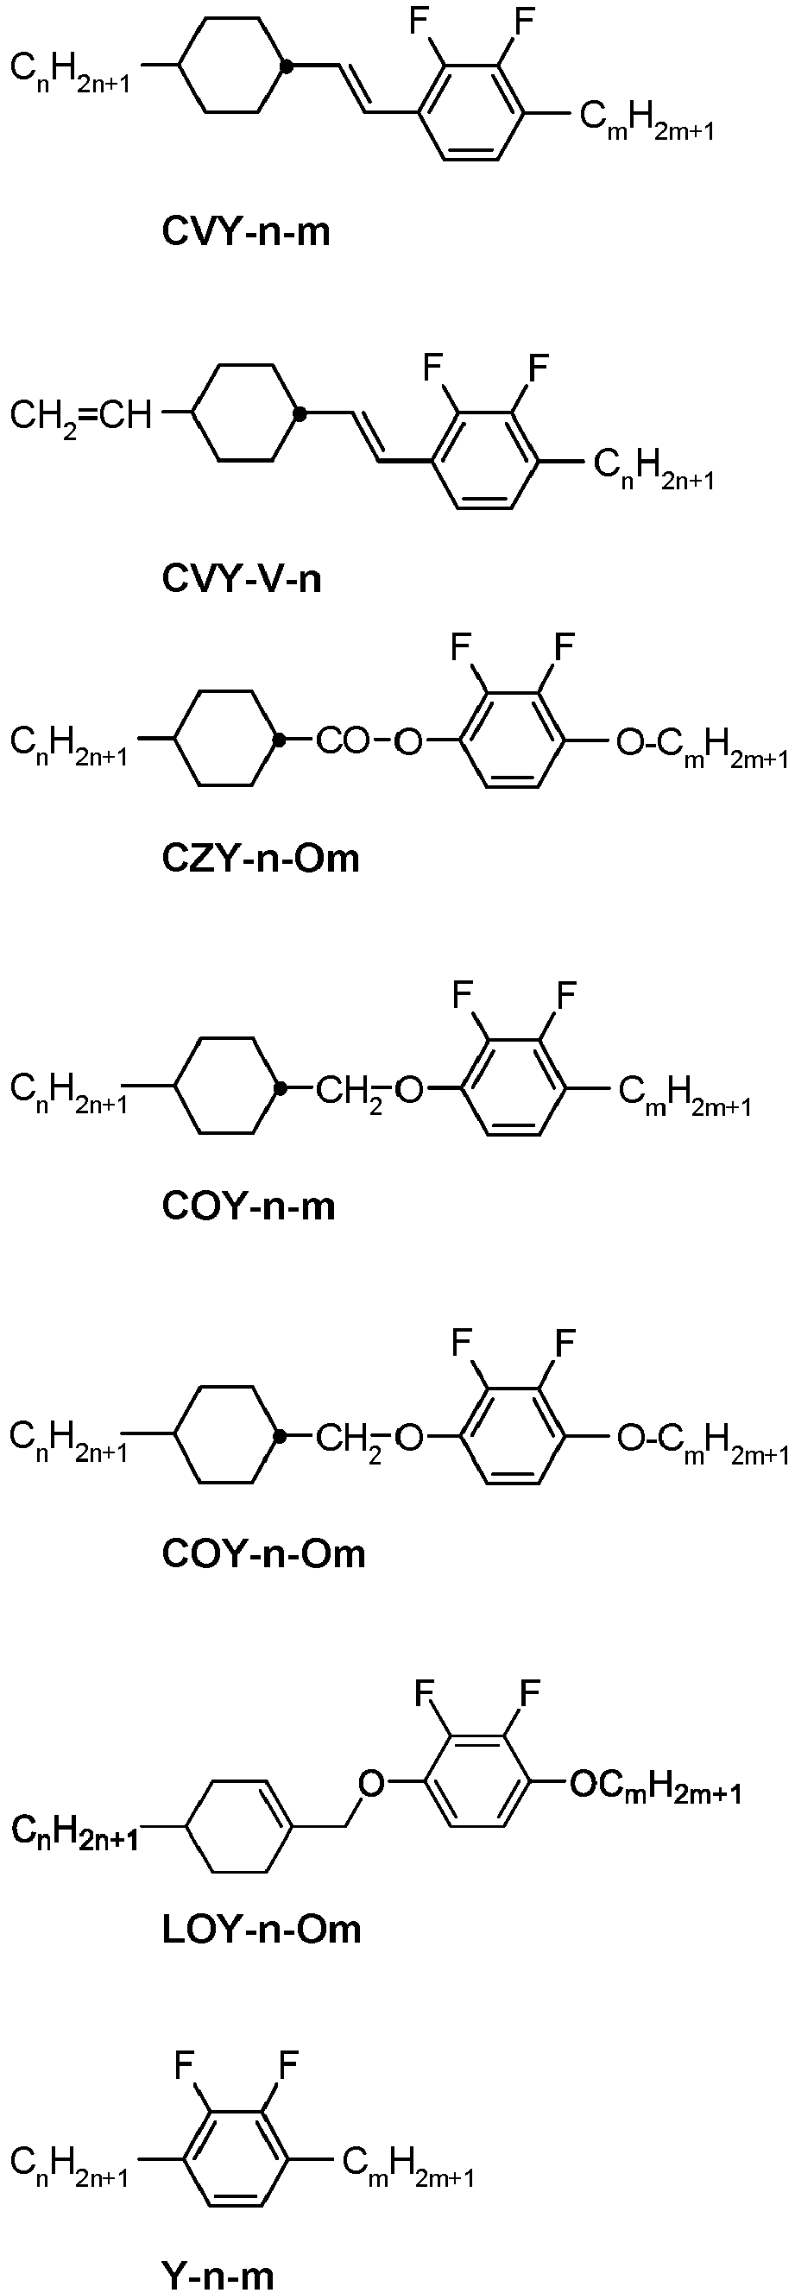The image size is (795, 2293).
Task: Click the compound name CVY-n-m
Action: [246, 231]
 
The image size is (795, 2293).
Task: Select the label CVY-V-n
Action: [241, 579]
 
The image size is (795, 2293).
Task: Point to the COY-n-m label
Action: [249, 1206]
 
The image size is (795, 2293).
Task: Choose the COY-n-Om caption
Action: [263, 1554]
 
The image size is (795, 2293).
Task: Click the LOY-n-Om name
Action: [262, 1930]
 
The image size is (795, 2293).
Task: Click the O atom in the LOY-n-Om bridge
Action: [371, 1783]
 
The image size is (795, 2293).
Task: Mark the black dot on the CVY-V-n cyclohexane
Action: [301, 413]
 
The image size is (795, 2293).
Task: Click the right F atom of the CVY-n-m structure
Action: [527, 21]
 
